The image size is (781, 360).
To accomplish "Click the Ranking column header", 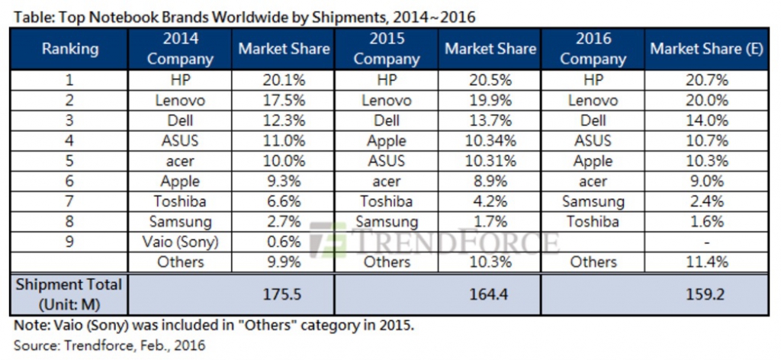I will [69, 49].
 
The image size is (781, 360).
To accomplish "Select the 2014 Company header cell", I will [180, 49].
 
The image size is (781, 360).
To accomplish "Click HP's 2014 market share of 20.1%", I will [284, 80].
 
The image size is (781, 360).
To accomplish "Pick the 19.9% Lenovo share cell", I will [490, 101].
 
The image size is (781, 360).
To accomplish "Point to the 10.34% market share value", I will [490, 140].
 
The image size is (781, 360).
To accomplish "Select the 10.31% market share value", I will [490, 161].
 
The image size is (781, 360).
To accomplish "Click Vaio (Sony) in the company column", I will [180, 242].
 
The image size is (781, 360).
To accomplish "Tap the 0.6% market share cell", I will [284, 242].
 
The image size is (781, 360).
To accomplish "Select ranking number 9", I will [69, 242].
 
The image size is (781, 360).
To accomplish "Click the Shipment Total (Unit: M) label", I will [69, 294].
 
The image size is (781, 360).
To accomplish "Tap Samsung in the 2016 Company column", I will [593, 201].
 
